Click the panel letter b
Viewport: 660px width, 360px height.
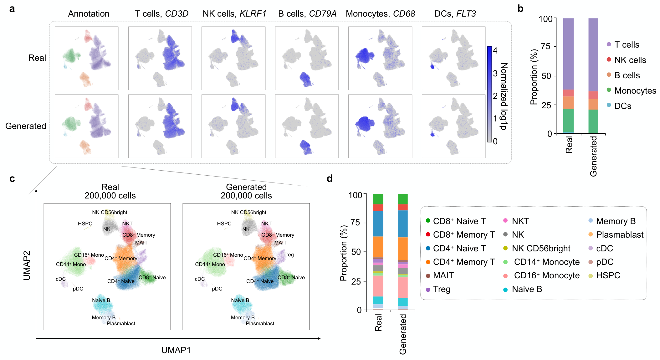[520, 9]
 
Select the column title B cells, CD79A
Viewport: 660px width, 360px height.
[307, 14]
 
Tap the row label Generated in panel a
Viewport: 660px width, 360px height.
[26, 126]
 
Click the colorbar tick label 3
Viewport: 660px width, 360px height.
[495, 73]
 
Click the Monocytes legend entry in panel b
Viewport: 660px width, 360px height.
[635, 91]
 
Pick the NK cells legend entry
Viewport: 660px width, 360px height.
[630, 60]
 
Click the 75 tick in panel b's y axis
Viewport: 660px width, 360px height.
[545, 47]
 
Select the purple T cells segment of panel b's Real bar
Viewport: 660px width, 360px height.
[568, 53]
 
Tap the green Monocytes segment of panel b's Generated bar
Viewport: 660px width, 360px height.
[593, 121]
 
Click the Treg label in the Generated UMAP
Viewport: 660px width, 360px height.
[289, 255]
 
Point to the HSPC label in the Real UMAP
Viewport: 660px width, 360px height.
[85, 224]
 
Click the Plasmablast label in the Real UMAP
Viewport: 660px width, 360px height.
[121, 324]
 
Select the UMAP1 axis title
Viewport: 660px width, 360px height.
[176, 350]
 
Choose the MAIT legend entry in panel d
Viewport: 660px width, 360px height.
[443, 275]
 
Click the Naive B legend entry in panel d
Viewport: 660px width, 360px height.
[527, 289]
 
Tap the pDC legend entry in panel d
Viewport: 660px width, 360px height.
[604, 262]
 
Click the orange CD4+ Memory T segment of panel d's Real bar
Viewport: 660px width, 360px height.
[378, 247]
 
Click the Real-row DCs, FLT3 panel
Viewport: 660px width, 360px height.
[453, 58]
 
